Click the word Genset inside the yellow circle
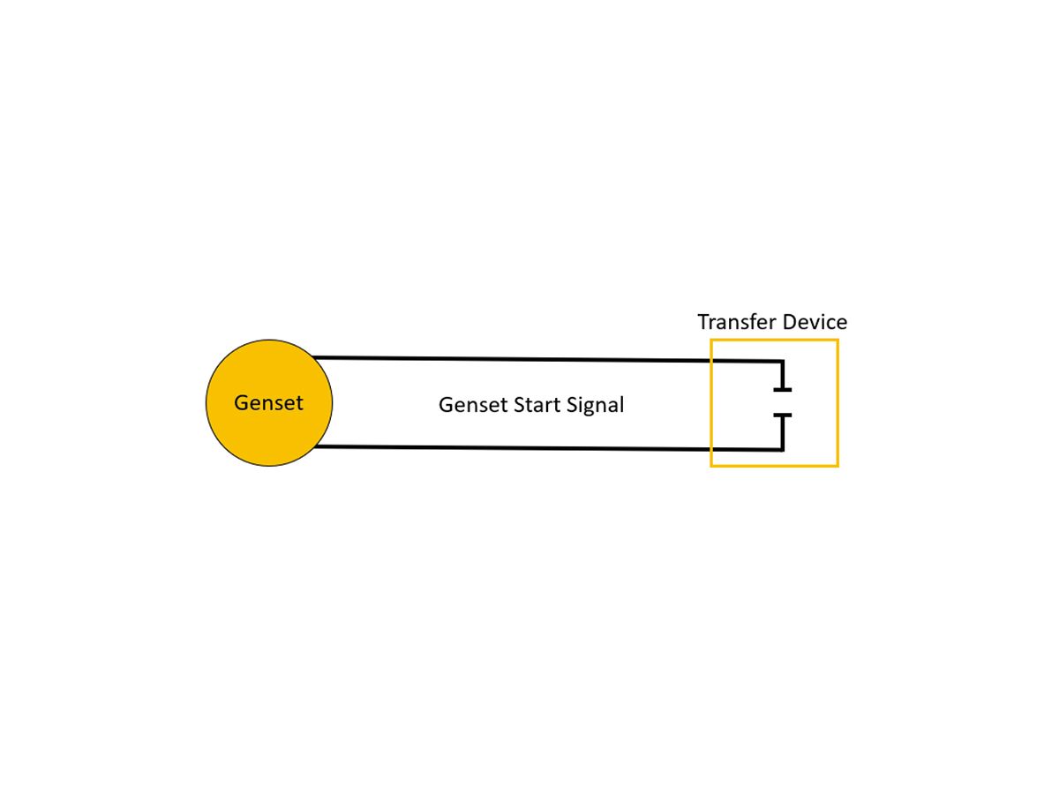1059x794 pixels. pyautogui.click(x=268, y=403)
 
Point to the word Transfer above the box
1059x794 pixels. pyautogui.click(x=734, y=322)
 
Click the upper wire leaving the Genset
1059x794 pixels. pyautogui.click(x=512, y=359)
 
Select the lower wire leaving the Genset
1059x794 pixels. pyautogui.click(x=512, y=448)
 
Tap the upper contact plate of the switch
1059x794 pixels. pyautogui.click(x=782, y=389)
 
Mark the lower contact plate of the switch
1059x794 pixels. pyautogui.click(x=782, y=415)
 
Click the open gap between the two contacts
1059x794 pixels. pyautogui.click(x=782, y=402)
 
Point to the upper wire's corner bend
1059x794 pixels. pyautogui.click(x=782, y=362)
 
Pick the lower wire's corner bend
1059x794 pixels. pyautogui.click(x=782, y=449)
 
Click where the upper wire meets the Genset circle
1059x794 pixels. pyautogui.click(x=314, y=358)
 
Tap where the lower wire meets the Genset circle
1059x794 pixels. pyautogui.click(x=315, y=447)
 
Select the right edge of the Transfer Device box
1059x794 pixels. pyautogui.click(x=837, y=402)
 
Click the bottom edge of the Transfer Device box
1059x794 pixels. pyautogui.click(x=774, y=465)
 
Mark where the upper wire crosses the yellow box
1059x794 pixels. pyautogui.click(x=712, y=361)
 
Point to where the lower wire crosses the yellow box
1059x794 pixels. pyautogui.click(x=712, y=449)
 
